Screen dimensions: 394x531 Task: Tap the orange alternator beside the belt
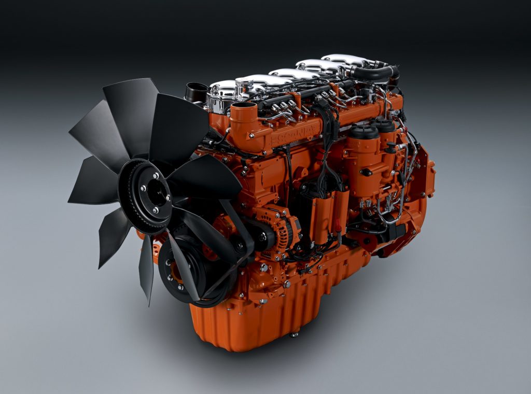[x=280, y=228]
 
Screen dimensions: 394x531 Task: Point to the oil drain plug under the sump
[x=294, y=334]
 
